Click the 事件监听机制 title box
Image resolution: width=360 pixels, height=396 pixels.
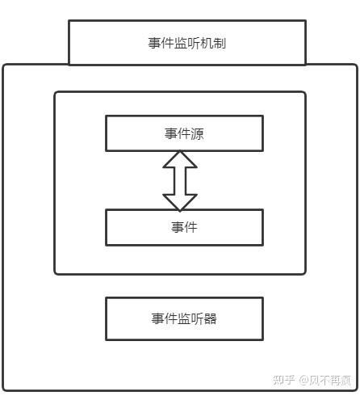[187, 43]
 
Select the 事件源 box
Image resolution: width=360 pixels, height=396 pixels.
[184, 133]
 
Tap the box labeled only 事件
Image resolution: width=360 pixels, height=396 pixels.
[184, 227]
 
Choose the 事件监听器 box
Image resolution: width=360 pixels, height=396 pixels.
[184, 318]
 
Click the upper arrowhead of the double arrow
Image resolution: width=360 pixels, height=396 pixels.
[180, 159]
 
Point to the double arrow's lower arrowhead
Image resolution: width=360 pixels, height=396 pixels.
[180, 202]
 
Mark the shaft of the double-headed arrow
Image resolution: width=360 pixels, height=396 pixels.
[180, 181]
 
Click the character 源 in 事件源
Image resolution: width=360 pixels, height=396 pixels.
[198, 133]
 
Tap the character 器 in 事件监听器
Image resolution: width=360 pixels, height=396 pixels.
[210, 318]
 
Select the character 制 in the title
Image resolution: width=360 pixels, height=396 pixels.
[220, 43]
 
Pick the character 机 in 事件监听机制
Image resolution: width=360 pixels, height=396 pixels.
[207, 43]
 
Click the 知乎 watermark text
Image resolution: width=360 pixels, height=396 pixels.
[283, 380]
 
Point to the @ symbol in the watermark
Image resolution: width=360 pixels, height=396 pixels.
[303, 380]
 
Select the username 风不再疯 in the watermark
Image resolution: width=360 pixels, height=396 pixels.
[330, 380]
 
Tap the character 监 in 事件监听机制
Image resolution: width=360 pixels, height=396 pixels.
[181, 43]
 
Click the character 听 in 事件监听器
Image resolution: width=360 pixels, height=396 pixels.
[197, 318]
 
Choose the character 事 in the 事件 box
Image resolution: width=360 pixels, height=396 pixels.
[178, 227]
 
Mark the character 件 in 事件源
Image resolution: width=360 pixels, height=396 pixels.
[184, 133]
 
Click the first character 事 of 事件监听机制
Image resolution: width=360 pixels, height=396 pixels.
[155, 43]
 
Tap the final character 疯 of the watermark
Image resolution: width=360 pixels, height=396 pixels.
[345, 380]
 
